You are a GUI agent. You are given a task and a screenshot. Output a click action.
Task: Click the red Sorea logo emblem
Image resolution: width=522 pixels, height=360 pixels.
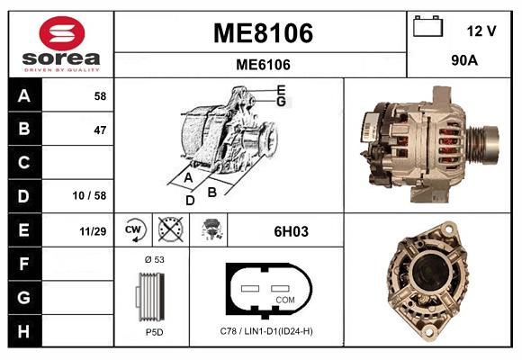pyautogui.click(x=62, y=33)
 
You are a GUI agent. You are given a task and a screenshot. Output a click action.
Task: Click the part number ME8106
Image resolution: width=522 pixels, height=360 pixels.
pyautogui.click(x=263, y=33)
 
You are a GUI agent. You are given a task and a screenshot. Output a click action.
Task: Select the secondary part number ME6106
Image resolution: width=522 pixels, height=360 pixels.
pyautogui.click(x=263, y=65)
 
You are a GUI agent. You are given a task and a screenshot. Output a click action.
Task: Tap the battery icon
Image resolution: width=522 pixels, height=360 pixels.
pyautogui.click(x=427, y=26)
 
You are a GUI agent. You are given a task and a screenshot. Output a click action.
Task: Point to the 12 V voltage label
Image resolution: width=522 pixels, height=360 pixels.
pyautogui.click(x=481, y=31)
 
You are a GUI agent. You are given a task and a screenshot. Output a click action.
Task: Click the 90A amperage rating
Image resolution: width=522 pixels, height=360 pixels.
pyautogui.click(x=464, y=60)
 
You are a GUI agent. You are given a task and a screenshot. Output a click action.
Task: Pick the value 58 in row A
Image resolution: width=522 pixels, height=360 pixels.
pyautogui.click(x=100, y=96)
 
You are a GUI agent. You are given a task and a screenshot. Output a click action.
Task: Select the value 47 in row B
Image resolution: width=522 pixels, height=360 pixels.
pyautogui.click(x=100, y=130)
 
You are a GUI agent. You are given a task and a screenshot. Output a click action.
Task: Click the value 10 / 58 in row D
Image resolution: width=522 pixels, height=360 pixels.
pyautogui.click(x=89, y=195)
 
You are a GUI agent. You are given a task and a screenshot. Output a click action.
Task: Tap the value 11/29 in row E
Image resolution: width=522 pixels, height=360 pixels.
pyautogui.click(x=93, y=231)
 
